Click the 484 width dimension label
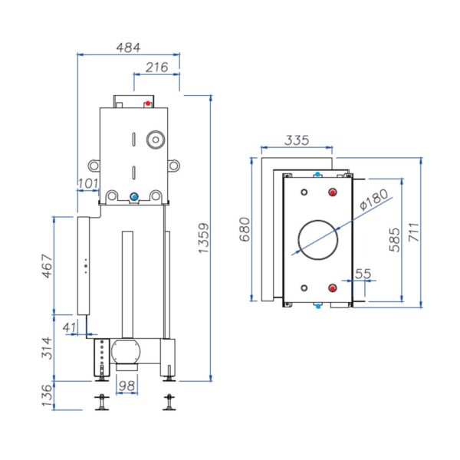click(x=128, y=47)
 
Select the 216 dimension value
click(x=156, y=67)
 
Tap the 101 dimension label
click(x=88, y=183)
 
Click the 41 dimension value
click(x=71, y=327)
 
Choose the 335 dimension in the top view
click(x=296, y=140)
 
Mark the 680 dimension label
click(x=244, y=229)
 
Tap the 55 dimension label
click(x=363, y=273)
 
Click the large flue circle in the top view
click(x=317, y=239)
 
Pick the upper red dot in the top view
click(x=333, y=192)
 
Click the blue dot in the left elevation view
click(x=134, y=197)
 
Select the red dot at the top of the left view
click(x=149, y=103)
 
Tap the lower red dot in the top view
click(x=333, y=288)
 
